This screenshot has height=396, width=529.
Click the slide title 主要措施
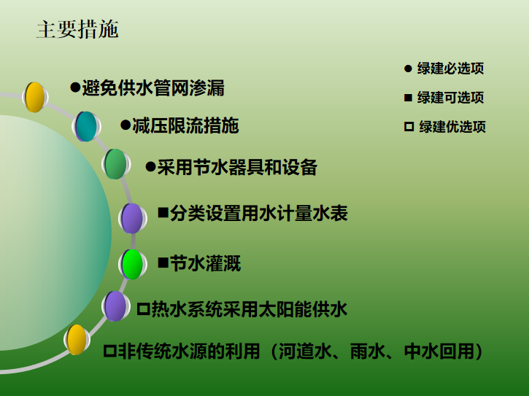coord(77,30)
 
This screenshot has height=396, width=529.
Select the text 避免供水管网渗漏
coord(153,88)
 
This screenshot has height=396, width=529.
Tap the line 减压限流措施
coord(185,125)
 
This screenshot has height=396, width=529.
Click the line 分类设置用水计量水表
coord(259,213)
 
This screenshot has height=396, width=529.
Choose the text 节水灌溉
coord(205,263)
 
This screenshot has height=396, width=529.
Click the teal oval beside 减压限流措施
coord(86,126)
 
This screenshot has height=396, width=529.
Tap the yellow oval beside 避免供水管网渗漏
coord(34,97)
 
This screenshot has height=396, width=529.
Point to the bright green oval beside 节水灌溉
coord(132,264)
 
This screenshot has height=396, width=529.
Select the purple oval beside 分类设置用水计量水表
coord(132,218)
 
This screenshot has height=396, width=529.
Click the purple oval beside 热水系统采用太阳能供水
coord(115,306)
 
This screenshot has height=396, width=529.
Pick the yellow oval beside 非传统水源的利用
coord(77,340)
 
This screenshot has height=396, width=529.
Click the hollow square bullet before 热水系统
coord(142,309)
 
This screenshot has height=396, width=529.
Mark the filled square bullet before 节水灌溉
coord(163,262)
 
